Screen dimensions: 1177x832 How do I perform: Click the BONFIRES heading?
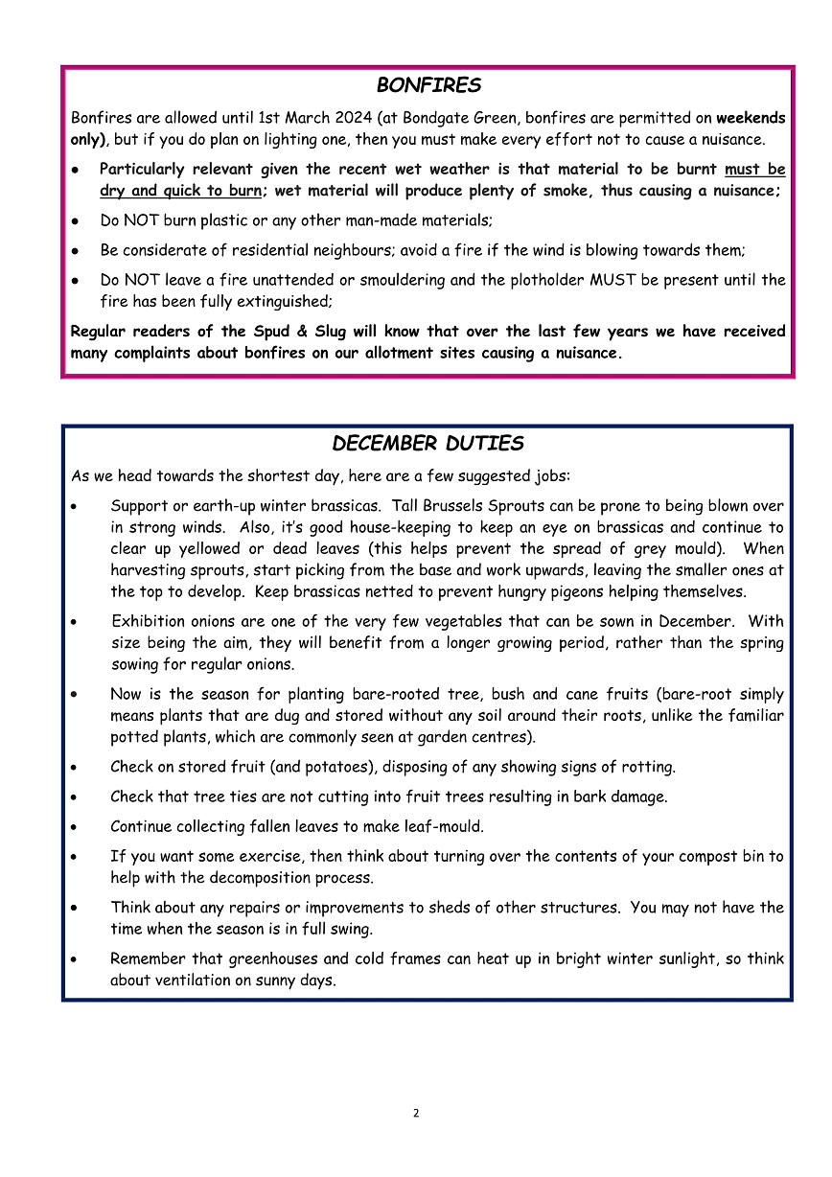point(428,86)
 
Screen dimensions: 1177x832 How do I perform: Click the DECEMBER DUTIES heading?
point(428,444)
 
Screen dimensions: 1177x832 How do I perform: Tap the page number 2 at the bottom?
point(416,1113)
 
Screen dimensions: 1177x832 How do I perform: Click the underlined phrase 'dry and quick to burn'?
point(180,191)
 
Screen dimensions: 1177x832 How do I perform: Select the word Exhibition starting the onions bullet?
point(149,622)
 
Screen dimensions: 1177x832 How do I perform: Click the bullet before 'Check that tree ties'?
point(76,796)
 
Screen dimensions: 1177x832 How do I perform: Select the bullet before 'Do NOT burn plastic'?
point(76,220)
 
